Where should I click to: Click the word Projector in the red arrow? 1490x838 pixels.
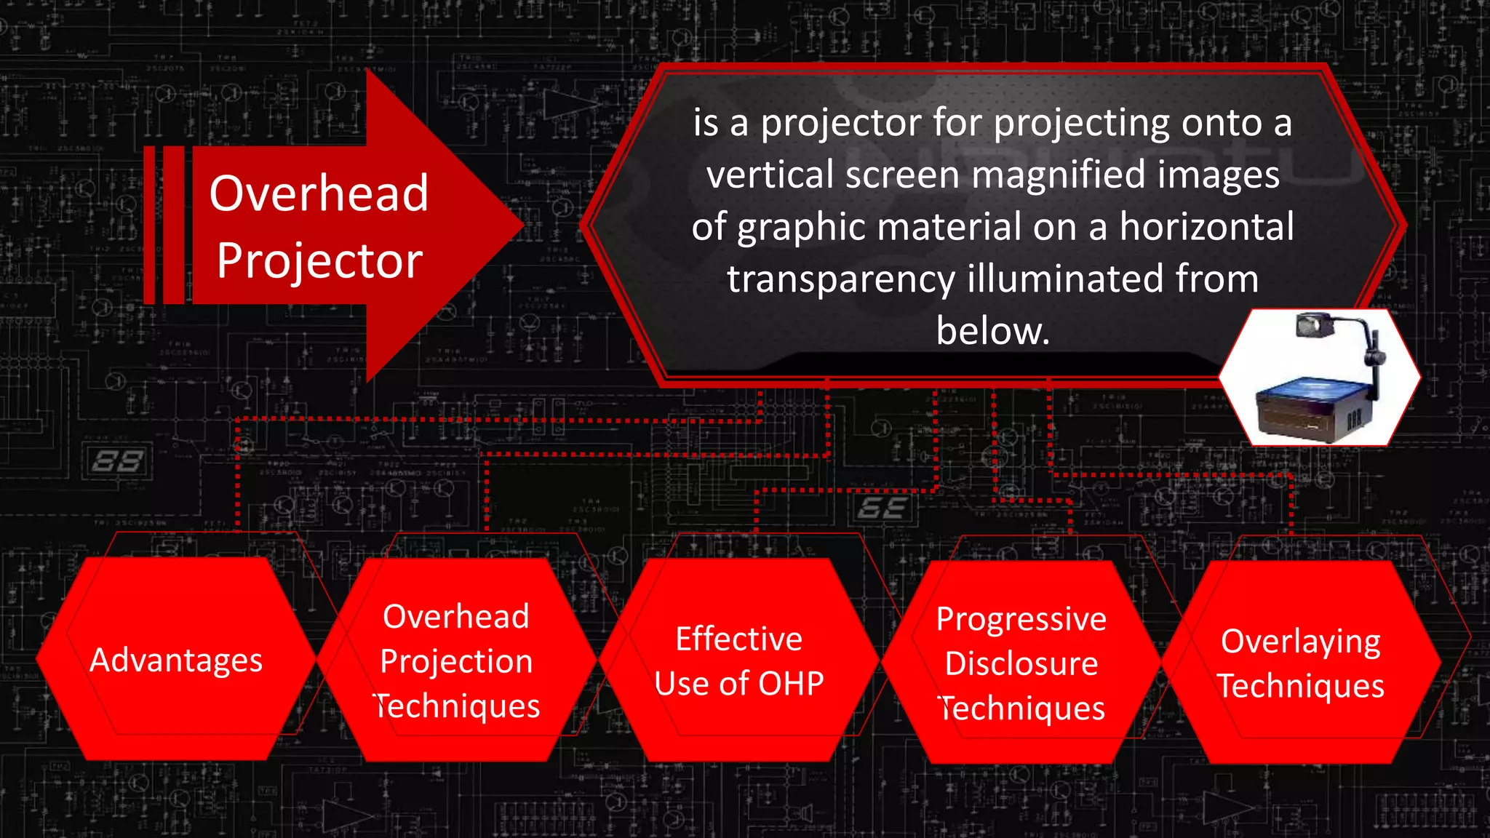(319, 260)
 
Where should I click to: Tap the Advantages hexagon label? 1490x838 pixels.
(176, 661)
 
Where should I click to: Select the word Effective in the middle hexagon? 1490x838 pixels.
(738, 639)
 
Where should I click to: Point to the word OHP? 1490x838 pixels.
(792, 684)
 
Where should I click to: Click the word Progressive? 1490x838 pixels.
(1021, 619)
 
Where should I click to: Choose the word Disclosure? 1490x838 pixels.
(1021, 663)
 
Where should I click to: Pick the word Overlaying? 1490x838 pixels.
(1300, 642)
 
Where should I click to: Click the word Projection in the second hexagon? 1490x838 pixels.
(456, 661)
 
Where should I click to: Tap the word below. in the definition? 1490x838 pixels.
(993, 331)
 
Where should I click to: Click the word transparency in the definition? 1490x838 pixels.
(841, 279)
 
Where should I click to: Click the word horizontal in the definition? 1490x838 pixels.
(1206, 227)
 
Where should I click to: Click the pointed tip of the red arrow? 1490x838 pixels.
(521, 225)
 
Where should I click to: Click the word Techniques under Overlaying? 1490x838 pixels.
(1300, 686)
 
